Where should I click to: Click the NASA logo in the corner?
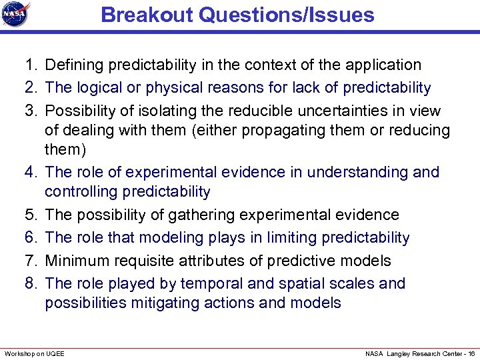(x=16, y=15)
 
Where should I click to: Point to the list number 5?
(x=30, y=215)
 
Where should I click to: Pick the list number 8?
(x=30, y=283)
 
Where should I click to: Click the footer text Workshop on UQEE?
(x=35, y=353)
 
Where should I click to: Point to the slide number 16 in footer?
(x=471, y=353)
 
